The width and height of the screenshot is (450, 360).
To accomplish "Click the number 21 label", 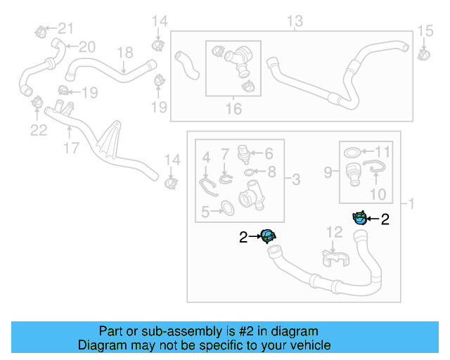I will coord(65,28).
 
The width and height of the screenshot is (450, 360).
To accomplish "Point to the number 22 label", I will coord(38,129).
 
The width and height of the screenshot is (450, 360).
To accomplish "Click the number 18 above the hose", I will coord(124,53).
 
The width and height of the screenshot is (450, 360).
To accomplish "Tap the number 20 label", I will coord(86,47).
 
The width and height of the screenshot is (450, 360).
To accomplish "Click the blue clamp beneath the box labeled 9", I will coord(359,217).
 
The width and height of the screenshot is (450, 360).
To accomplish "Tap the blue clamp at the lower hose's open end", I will coord(268,236).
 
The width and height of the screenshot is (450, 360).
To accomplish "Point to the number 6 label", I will coord(268,152).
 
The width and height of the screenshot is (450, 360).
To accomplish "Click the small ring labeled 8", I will coord(249,172).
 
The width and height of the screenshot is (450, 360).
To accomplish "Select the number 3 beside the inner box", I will coord(295,181).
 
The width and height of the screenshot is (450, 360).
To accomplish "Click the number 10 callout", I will coord(378,193).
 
